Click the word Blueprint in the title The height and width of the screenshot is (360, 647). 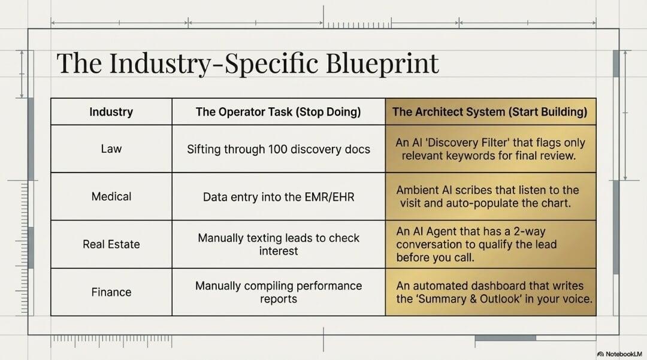click(382, 63)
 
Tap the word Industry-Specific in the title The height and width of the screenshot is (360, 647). click(213, 63)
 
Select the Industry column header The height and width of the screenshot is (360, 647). click(111, 112)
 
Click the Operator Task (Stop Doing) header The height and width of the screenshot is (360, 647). click(278, 112)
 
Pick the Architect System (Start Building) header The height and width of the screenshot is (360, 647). click(490, 112)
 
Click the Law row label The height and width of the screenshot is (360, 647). click(111, 149)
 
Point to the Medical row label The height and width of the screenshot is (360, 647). click(111, 196)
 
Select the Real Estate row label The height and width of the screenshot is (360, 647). click(111, 244)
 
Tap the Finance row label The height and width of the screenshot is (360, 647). click(111, 292)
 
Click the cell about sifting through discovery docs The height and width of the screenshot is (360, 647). click(279, 149)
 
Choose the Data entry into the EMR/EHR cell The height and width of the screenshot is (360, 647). click(279, 196)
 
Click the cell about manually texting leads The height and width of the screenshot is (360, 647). click(279, 244)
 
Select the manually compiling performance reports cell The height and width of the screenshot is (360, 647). click(279, 292)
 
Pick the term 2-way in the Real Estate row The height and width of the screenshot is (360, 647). click(530, 231)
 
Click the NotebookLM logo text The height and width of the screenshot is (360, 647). click(620, 354)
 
